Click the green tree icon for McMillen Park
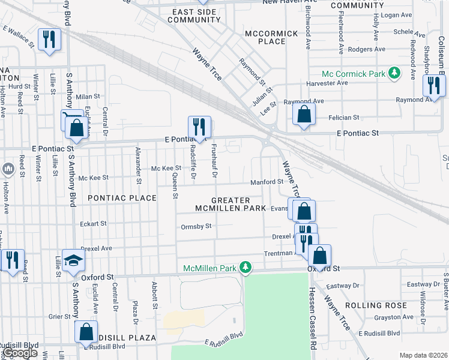coord(245,266)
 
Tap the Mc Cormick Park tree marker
coord(394,74)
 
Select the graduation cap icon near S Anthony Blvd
coord(73,260)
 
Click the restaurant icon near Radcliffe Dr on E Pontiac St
coord(199,127)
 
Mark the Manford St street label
coord(267,181)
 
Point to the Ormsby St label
coord(196,226)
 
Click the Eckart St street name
coord(93,223)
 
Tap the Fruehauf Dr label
coord(214,162)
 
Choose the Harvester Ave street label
coord(327,83)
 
